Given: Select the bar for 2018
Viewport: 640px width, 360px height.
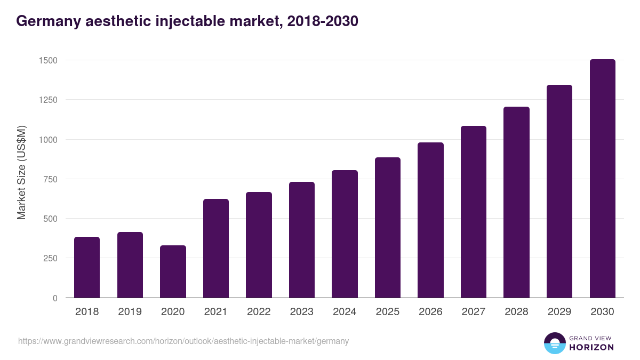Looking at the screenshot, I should click(x=87, y=267).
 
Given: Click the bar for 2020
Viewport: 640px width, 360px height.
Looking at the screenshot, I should click(x=173, y=271).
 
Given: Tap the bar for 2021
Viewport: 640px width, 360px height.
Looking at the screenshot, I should click(x=216, y=249).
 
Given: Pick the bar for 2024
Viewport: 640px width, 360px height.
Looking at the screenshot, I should click(x=345, y=234).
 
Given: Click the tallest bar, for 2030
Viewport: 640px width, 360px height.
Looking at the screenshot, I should click(x=602, y=179).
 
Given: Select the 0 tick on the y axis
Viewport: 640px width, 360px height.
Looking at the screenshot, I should click(x=55, y=298).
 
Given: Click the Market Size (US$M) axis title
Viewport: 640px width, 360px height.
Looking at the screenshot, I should click(x=21, y=172).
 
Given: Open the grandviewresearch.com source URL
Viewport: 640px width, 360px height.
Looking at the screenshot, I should click(x=183, y=341).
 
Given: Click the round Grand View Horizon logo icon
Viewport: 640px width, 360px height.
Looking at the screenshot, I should click(x=554, y=343).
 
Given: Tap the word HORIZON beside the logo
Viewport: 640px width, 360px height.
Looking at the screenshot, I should click(x=591, y=347).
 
